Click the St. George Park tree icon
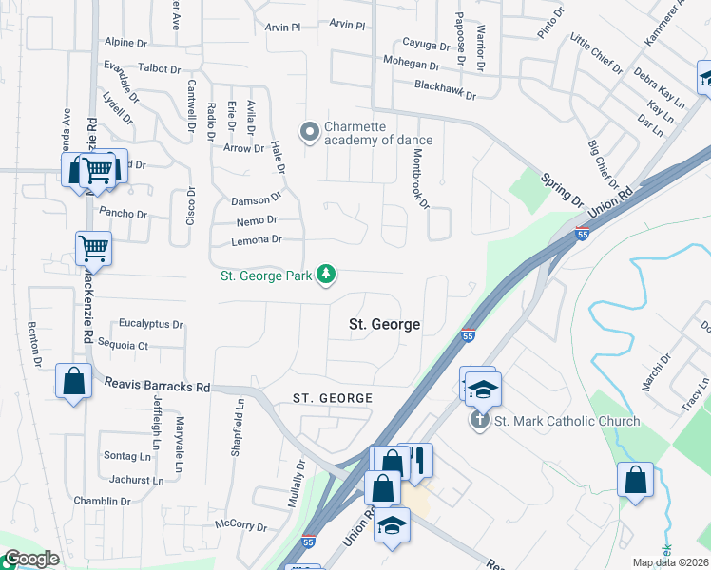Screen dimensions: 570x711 click(x=326, y=275)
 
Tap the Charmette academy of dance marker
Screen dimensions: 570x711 click(x=308, y=133)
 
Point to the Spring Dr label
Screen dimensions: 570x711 click(x=562, y=190)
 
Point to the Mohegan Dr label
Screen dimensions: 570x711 click(x=412, y=66)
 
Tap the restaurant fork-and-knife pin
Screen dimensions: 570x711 click(x=415, y=460)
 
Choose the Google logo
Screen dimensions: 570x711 click(x=31, y=559)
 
